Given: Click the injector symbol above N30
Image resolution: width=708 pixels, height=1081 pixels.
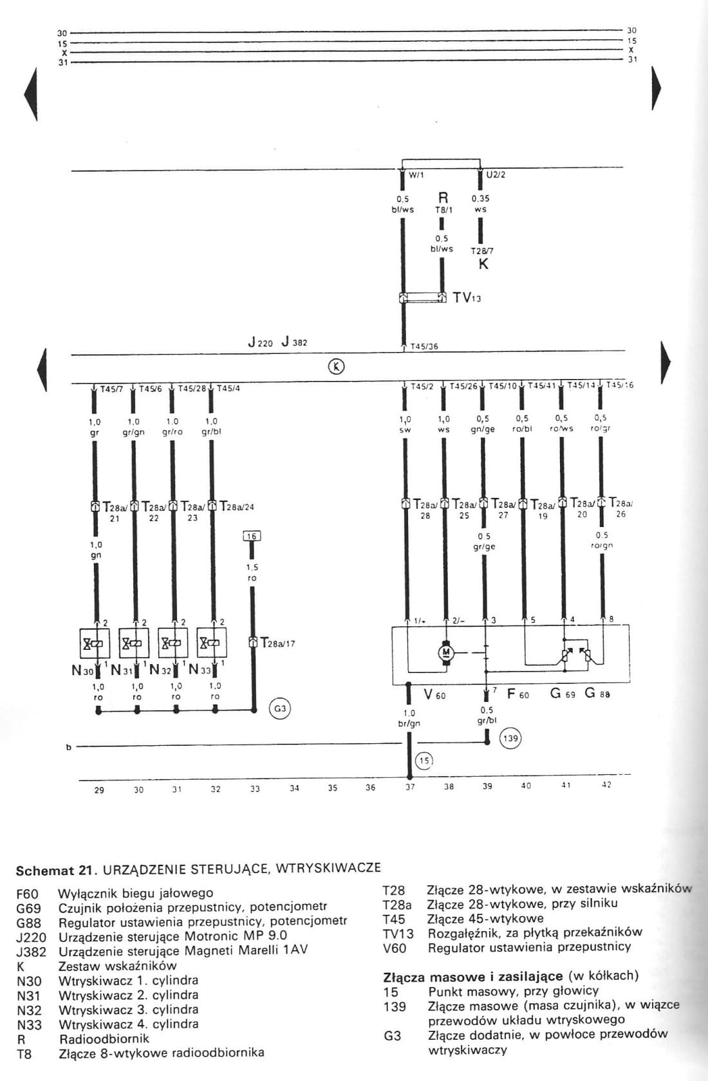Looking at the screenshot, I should (95, 642).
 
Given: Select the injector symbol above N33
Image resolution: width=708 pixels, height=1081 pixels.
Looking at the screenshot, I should (212, 642).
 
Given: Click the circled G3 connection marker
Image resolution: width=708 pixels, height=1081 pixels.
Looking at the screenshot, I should (280, 709).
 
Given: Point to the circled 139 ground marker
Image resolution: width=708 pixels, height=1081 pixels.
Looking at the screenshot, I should (510, 738).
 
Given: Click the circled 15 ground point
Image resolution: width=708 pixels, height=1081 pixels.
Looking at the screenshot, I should (424, 761).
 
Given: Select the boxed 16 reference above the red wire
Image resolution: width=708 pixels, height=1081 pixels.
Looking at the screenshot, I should (252, 536).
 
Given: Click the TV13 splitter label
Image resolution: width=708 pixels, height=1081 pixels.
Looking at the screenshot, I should (467, 297).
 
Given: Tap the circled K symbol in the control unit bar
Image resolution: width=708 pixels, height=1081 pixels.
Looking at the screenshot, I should (336, 367).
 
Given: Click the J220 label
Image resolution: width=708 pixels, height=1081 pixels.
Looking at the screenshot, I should (261, 342).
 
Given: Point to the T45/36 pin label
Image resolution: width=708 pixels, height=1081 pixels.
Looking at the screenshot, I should (424, 346).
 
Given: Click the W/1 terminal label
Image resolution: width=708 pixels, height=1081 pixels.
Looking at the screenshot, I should (416, 175).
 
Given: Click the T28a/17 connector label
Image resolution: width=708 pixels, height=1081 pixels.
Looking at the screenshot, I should (277, 643).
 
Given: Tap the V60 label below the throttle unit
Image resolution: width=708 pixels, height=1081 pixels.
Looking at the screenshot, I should (434, 694).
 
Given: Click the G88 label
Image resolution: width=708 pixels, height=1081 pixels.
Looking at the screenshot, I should (597, 694).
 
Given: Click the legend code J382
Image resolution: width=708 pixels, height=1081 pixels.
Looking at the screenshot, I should (31, 951).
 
